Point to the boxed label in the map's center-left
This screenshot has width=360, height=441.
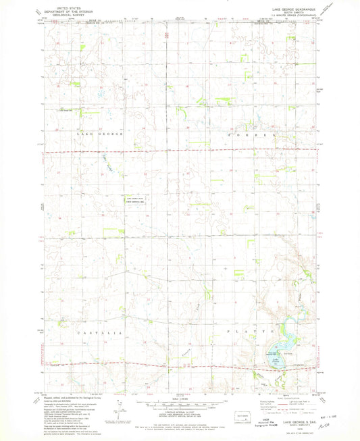click(133, 200)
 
